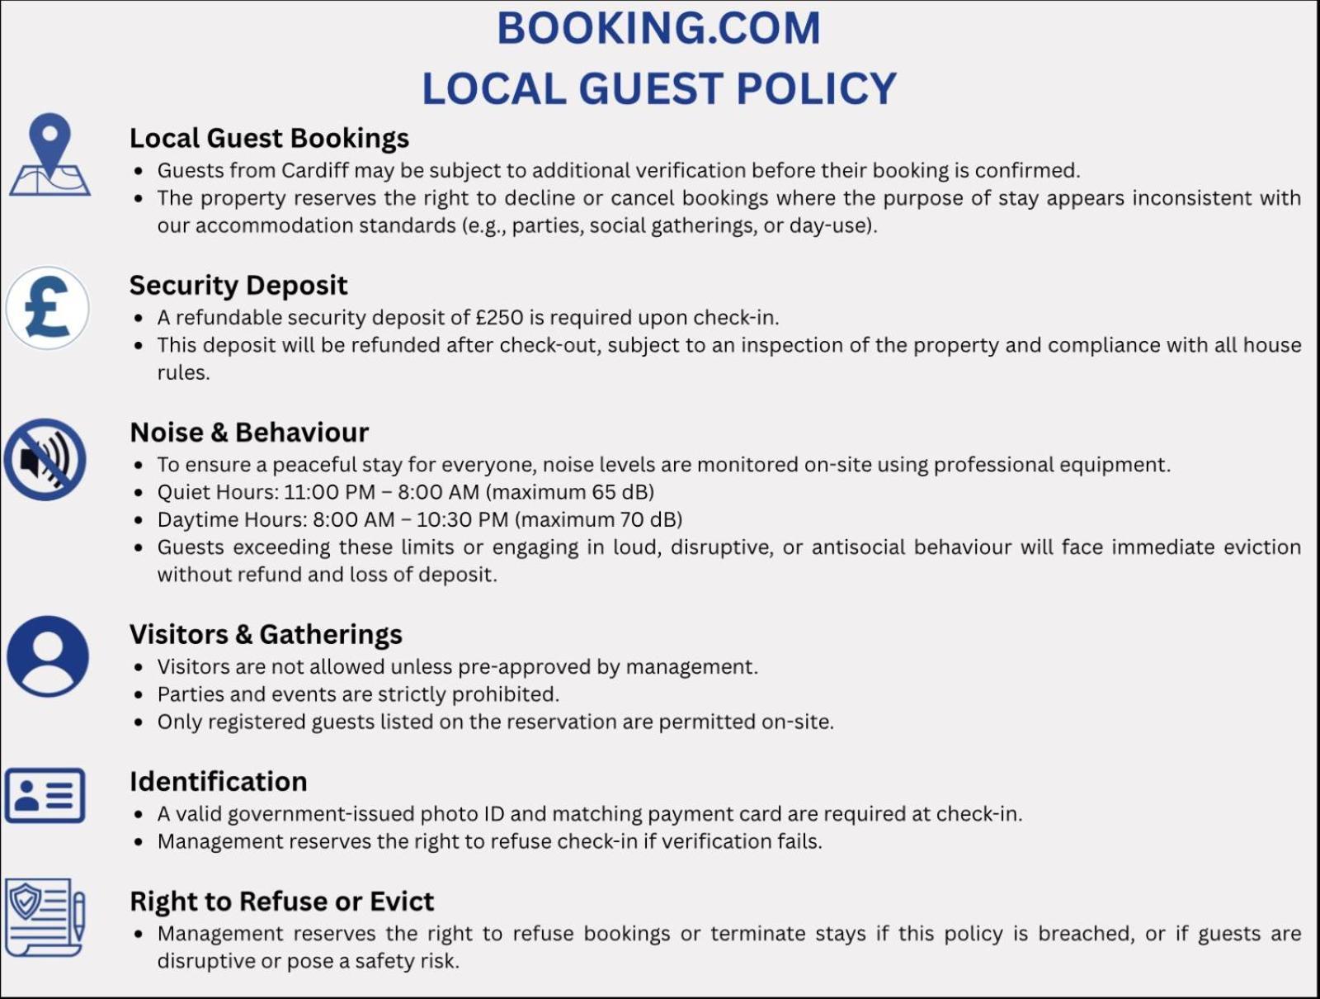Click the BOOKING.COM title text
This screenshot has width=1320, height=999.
tap(658, 29)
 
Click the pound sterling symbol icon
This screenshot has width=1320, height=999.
tap(47, 308)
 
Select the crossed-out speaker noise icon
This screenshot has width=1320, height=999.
tap(45, 459)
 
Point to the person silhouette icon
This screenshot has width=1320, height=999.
tap(48, 656)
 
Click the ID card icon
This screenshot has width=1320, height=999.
tap(45, 796)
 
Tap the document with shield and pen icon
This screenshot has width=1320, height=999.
tap(45, 917)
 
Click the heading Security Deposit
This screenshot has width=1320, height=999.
tap(238, 285)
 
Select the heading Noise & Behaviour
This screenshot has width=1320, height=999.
tap(249, 432)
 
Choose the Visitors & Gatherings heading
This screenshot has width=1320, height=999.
tap(266, 634)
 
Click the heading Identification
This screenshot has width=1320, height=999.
tap(218, 781)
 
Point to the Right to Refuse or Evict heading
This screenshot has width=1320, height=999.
tap(281, 901)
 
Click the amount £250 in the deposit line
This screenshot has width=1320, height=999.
tap(500, 318)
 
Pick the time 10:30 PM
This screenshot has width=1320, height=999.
tap(462, 520)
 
